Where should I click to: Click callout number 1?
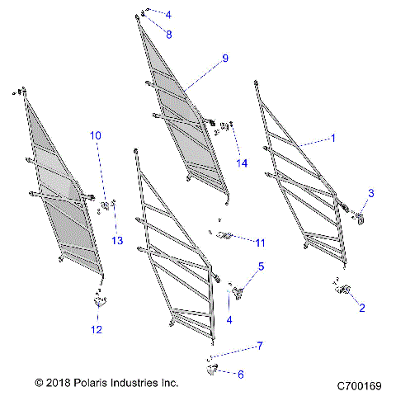pyautogui.click(x=333, y=139)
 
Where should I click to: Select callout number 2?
pyautogui.click(x=361, y=309)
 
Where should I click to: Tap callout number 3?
pyautogui.click(x=371, y=193)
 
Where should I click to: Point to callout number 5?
pyautogui.click(x=261, y=266)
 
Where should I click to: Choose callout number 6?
pyautogui.click(x=240, y=374)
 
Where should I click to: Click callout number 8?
pyautogui.click(x=168, y=35)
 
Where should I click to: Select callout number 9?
pyautogui.click(x=223, y=59)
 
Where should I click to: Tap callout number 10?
pyautogui.click(x=96, y=134)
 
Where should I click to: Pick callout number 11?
pyautogui.click(x=261, y=242)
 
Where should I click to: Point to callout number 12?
pyautogui.click(x=97, y=330)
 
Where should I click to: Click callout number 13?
pyautogui.click(x=116, y=240)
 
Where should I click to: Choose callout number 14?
pyautogui.click(x=241, y=163)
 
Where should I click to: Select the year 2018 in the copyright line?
pyautogui.click(x=57, y=384)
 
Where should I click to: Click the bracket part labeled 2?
pyautogui.click(x=341, y=289)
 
